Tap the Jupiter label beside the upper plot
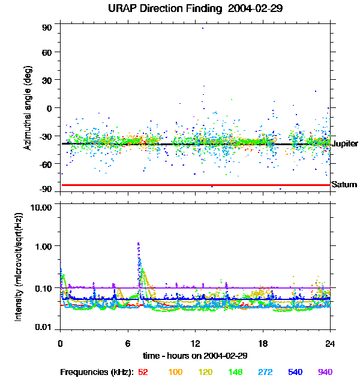[x=344, y=144]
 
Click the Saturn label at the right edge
[x=344, y=185]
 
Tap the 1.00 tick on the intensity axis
[x=45, y=246]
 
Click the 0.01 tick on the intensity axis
[x=45, y=328]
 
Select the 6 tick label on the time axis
[x=127, y=343]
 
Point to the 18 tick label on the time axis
[x=262, y=343]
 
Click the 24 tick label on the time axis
[x=330, y=343]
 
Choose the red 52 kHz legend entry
[x=143, y=372]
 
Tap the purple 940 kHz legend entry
[x=325, y=372]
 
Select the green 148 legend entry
[x=235, y=372]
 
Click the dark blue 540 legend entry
[x=295, y=372]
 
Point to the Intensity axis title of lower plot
[x=19, y=266]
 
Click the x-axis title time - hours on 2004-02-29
[x=195, y=355]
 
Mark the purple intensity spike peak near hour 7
[x=139, y=244]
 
